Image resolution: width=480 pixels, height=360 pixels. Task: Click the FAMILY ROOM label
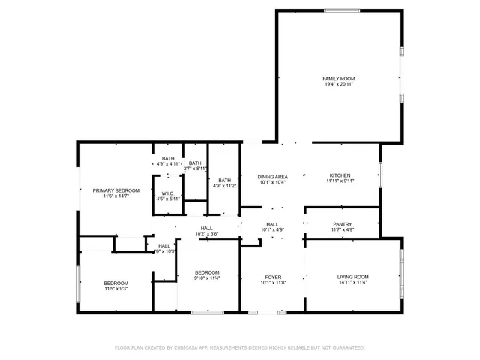point(339,79)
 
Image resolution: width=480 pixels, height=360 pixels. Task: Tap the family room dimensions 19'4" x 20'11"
point(339,85)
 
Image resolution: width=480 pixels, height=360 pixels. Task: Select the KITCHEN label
point(339,175)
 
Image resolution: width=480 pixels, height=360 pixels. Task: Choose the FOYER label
point(272,277)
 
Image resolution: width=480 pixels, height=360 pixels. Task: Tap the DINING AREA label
point(273,176)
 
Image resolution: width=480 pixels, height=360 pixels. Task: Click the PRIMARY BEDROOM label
point(116,190)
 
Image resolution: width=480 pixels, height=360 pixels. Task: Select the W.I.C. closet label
point(169,193)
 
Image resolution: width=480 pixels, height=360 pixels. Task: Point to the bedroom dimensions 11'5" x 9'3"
point(116,288)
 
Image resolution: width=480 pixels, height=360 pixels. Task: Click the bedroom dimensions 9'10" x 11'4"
point(207,277)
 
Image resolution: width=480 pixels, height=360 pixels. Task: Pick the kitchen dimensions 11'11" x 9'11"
point(339,181)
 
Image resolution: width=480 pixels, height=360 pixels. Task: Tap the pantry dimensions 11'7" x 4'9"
point(343,230)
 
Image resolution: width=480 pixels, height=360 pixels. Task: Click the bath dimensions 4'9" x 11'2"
point(225,186)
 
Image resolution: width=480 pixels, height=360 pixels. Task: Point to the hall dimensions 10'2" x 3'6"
point(207,234)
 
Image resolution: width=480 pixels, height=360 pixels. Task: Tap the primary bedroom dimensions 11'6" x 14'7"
point(116,196)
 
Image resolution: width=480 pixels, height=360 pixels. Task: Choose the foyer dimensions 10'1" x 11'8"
point(272,283)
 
